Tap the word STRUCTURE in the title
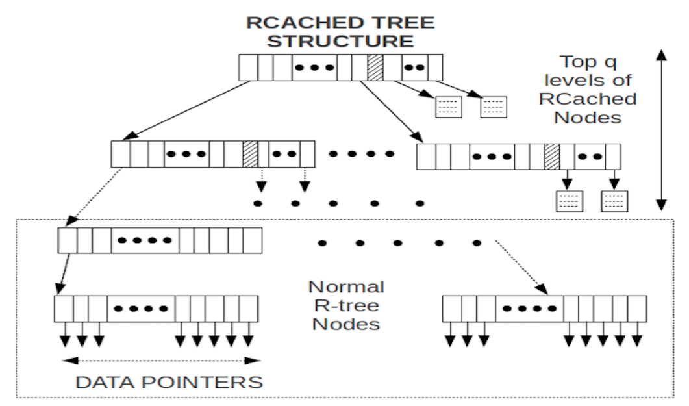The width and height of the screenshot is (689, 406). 340,41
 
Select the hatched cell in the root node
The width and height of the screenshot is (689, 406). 375,67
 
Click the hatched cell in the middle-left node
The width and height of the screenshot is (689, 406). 251,154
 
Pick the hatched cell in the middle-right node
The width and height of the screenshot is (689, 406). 552,157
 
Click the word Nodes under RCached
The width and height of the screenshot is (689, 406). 588,118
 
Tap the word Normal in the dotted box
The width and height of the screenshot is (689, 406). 346,286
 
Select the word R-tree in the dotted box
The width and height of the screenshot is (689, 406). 346,305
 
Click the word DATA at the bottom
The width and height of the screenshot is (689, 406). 105,382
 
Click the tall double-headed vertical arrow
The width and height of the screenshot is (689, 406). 661,130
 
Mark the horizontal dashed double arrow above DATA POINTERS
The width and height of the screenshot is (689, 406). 161,361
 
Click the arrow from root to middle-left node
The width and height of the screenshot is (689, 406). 187,110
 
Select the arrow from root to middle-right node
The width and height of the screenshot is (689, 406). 391,112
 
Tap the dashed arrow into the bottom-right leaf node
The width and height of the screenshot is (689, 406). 521,267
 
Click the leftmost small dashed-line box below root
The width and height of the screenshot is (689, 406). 449,107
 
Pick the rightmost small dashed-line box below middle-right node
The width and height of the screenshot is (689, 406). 614,201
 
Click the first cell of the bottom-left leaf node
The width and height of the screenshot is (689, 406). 64,309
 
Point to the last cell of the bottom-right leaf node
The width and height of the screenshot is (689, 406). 637,309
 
